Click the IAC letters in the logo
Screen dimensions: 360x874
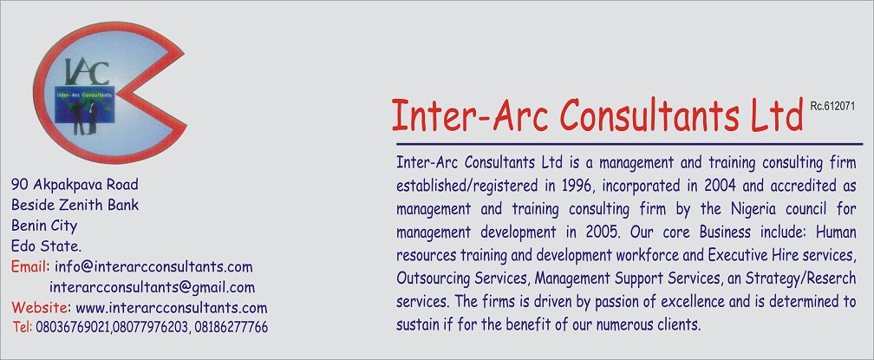pyautogui.click(x=88, y=69)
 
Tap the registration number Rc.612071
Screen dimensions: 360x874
pyautogui.click(x=833, y=105)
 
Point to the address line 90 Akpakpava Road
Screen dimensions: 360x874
pyautogui.click(x=75, y=185)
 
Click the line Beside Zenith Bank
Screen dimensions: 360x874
pyautogui.click(x=75, y=206)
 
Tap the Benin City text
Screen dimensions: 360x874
pyautogui.click(x=44, y=226)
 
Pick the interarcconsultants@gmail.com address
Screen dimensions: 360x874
pyautogui.click(x=153, y=287)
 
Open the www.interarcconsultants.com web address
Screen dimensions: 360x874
pyautogui.click(x=172, y=308)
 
